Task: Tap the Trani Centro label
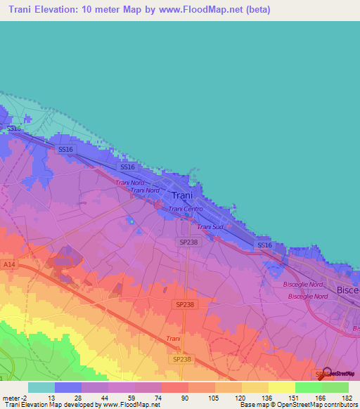click(x=186, y=209)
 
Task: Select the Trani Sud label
click(x=210, y=227)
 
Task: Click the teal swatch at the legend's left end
click(x=41, y=387)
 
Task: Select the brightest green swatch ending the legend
click(x=335, y=387)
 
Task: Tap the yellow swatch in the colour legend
click(x=282, y=387)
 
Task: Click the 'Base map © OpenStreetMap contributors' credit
click(x=297, y=405)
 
